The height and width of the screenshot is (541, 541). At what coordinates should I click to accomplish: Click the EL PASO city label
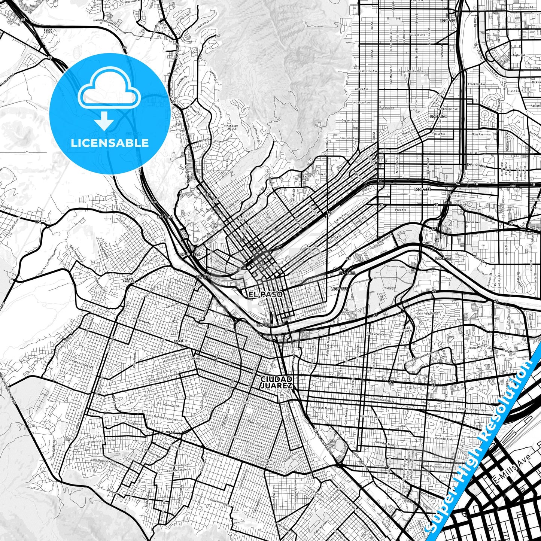(265, 295)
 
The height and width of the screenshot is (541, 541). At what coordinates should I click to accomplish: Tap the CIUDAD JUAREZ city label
(277, 382)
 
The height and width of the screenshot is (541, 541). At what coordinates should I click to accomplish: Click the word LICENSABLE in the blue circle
(110, 143)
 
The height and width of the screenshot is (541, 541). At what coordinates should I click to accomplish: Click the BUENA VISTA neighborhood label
(48, 31)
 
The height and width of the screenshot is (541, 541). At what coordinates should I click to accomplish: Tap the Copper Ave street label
(349, 121)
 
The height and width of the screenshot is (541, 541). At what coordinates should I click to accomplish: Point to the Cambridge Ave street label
(449, 109)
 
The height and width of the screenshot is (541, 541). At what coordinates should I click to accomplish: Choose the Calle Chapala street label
(375, 334)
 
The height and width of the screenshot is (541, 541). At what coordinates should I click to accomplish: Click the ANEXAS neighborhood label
(170, 432)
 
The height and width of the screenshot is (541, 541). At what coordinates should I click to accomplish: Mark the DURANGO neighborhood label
(197, 358)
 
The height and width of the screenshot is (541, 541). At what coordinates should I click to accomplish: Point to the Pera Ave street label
(400, 210)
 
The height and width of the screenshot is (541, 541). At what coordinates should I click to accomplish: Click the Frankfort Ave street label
(477, 84)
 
